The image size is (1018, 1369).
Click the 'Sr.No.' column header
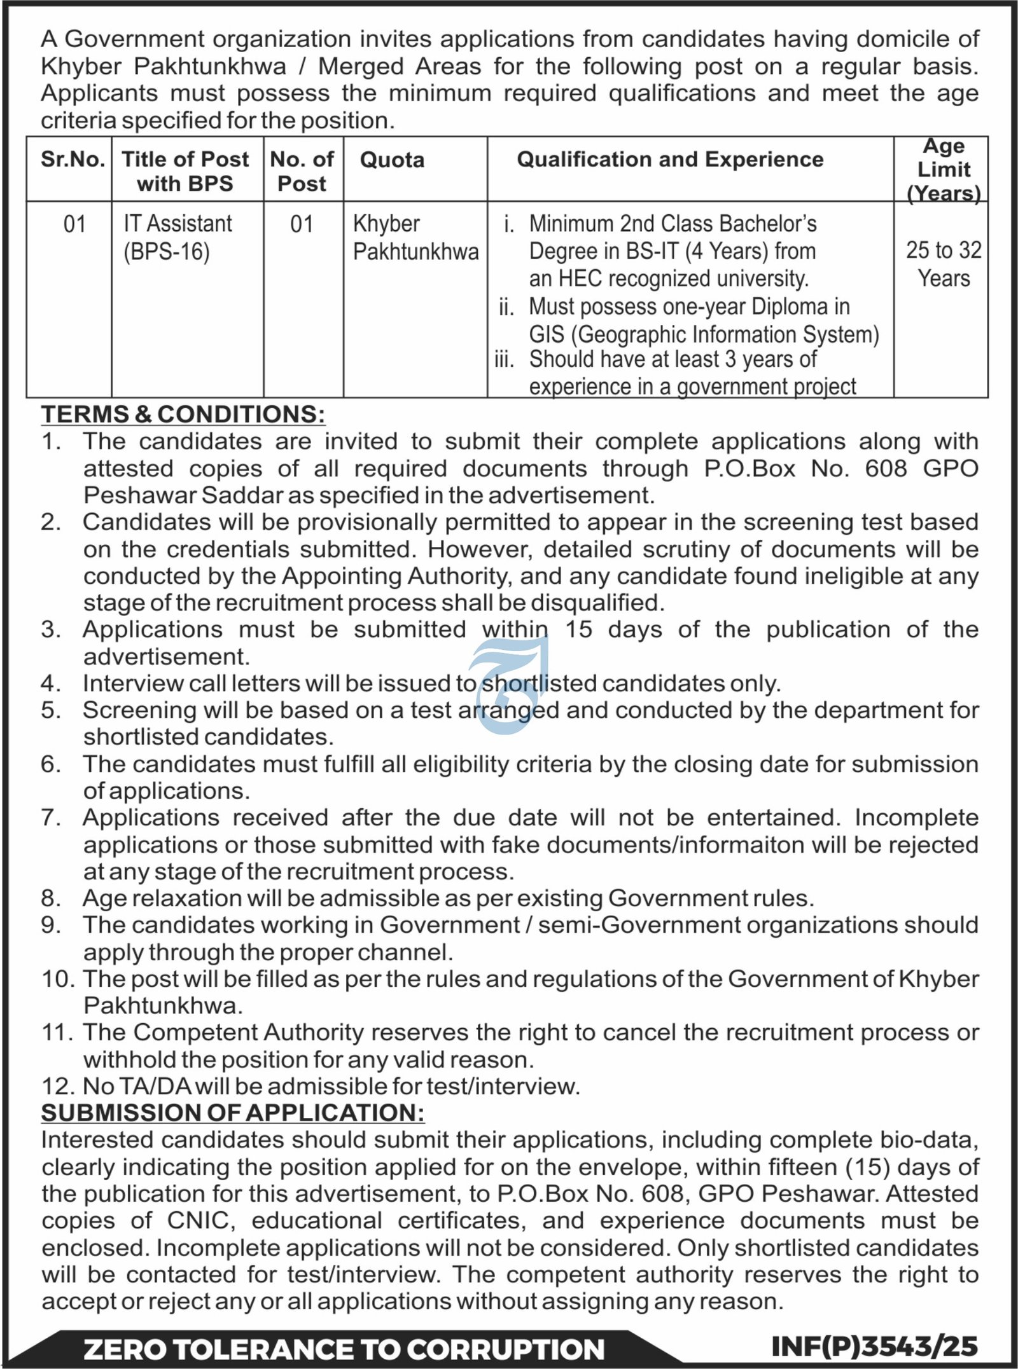(73, 160)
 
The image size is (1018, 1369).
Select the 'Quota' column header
(392, 160)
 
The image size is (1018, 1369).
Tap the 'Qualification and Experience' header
(670, 160)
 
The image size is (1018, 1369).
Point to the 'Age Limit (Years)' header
(944, 170)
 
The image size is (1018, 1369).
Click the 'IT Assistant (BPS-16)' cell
(178, 238)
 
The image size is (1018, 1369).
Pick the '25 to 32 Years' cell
(944, 264)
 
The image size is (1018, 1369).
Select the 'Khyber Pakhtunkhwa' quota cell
(415, 238)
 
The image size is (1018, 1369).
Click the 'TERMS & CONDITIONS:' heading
(183, 414)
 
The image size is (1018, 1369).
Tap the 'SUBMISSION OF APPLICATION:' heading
(233, 1113)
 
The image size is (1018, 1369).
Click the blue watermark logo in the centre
(509, 684)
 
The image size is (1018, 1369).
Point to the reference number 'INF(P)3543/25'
(874, 1346)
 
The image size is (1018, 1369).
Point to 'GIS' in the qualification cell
(547, 334)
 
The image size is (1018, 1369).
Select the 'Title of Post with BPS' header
(185, 171)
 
